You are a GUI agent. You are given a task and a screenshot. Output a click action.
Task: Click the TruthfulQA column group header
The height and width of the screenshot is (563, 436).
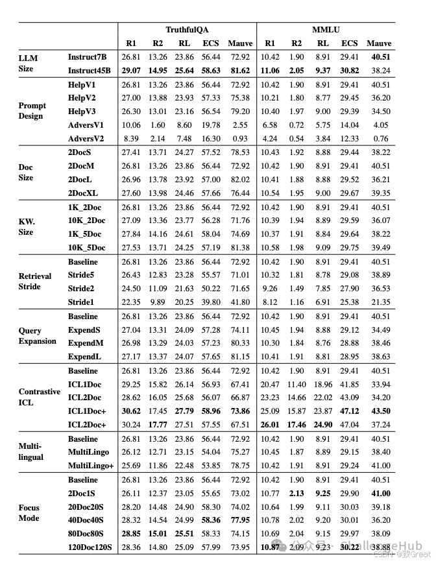click(187, 30)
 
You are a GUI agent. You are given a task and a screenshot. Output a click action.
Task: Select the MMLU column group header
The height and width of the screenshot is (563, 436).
click(325, 30)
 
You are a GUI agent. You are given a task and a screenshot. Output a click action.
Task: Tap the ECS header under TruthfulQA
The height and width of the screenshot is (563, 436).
click(211, 43)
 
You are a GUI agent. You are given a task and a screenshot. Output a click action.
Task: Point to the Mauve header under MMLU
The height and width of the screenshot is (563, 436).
click(379, 43)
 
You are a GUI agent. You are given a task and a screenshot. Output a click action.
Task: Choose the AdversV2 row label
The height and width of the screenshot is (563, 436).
click(86, 139)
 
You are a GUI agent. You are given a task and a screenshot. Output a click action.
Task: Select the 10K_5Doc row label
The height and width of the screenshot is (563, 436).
click(86, 248)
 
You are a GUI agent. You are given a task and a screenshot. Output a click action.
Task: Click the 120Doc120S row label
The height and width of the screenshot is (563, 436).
click(91, 547)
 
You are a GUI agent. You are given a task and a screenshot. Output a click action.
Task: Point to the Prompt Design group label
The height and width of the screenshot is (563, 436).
click(32, 111)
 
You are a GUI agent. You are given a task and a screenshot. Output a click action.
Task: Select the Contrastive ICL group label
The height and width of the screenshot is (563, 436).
click(39, 398)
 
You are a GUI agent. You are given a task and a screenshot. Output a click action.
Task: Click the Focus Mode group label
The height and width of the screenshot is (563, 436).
click(29, 513)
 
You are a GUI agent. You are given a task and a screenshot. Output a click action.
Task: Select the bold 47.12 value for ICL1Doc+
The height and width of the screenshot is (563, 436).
click(350, 411)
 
